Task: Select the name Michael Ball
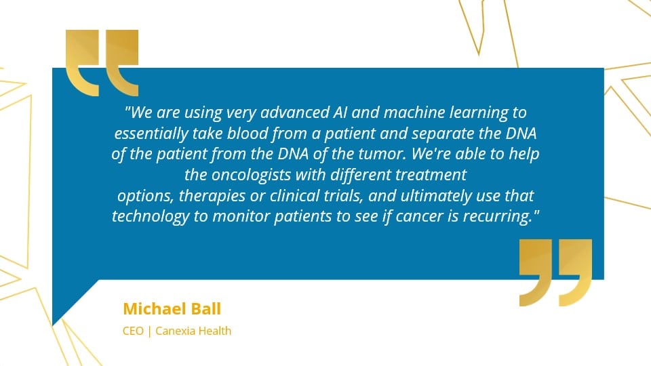172,309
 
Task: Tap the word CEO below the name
133,331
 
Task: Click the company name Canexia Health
193,331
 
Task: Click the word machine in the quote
414,113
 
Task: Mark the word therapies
212,196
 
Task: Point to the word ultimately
436,196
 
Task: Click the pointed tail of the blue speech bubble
53,325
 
